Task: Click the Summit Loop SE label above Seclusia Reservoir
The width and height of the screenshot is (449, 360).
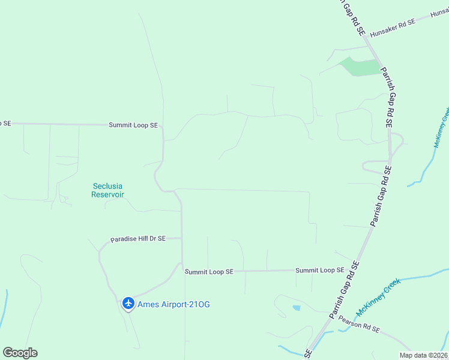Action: (x=133, y=125)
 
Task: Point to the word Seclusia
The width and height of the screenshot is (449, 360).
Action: (x=107, y=186)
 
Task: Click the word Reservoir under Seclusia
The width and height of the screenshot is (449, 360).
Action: (x=107, y=194)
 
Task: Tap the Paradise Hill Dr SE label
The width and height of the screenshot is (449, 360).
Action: (x=137, y=239)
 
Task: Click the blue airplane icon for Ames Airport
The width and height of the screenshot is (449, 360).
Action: (x=128, y=304)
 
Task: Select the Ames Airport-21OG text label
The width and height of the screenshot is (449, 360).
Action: (x=174, y=304)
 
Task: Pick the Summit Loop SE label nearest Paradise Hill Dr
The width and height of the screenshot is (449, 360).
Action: (x=209, y=272)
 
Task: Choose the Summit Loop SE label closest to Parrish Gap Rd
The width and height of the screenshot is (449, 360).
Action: (x=319, y=271)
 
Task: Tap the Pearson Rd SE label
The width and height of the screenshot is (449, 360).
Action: (x=359, y=324)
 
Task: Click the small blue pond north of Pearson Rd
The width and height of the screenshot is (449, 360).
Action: (x=297, y=308)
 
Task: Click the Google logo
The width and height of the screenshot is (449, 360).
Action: (x=20, y=353)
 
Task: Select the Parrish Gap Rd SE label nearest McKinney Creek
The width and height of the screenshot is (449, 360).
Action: (x=345, y=290)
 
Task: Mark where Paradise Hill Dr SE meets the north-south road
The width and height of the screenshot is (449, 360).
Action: (x=182, y=238)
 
